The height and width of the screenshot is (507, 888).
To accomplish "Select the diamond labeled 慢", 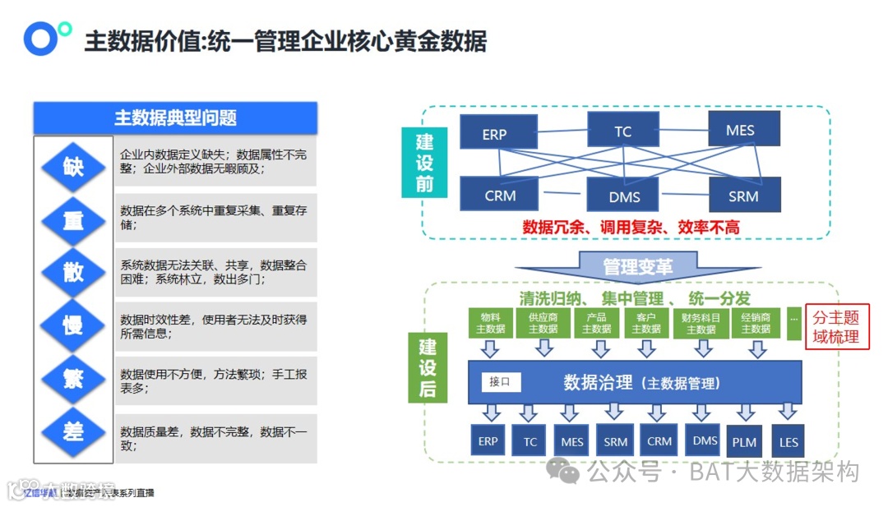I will point(73,325).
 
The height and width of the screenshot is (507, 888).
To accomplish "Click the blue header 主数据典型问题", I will point(175,118).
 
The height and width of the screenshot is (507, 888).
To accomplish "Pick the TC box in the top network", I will point(622,131).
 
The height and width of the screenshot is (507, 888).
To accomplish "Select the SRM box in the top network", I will point(743,196).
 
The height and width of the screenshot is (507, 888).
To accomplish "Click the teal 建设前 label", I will point(424,162).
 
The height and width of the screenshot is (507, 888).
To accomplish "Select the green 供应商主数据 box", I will point(543,323).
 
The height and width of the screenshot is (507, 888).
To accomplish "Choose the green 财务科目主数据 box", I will point(701,323).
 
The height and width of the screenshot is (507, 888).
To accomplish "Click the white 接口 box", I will point(500,381).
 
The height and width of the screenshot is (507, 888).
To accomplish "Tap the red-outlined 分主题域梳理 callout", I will point(836,327).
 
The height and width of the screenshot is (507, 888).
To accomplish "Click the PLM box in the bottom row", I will point(746,442).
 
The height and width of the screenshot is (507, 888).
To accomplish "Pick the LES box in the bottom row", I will point(788,442).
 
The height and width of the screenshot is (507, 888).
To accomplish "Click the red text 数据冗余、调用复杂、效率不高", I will point(631,227).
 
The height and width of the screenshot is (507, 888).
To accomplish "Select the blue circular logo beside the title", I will point(39,38).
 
